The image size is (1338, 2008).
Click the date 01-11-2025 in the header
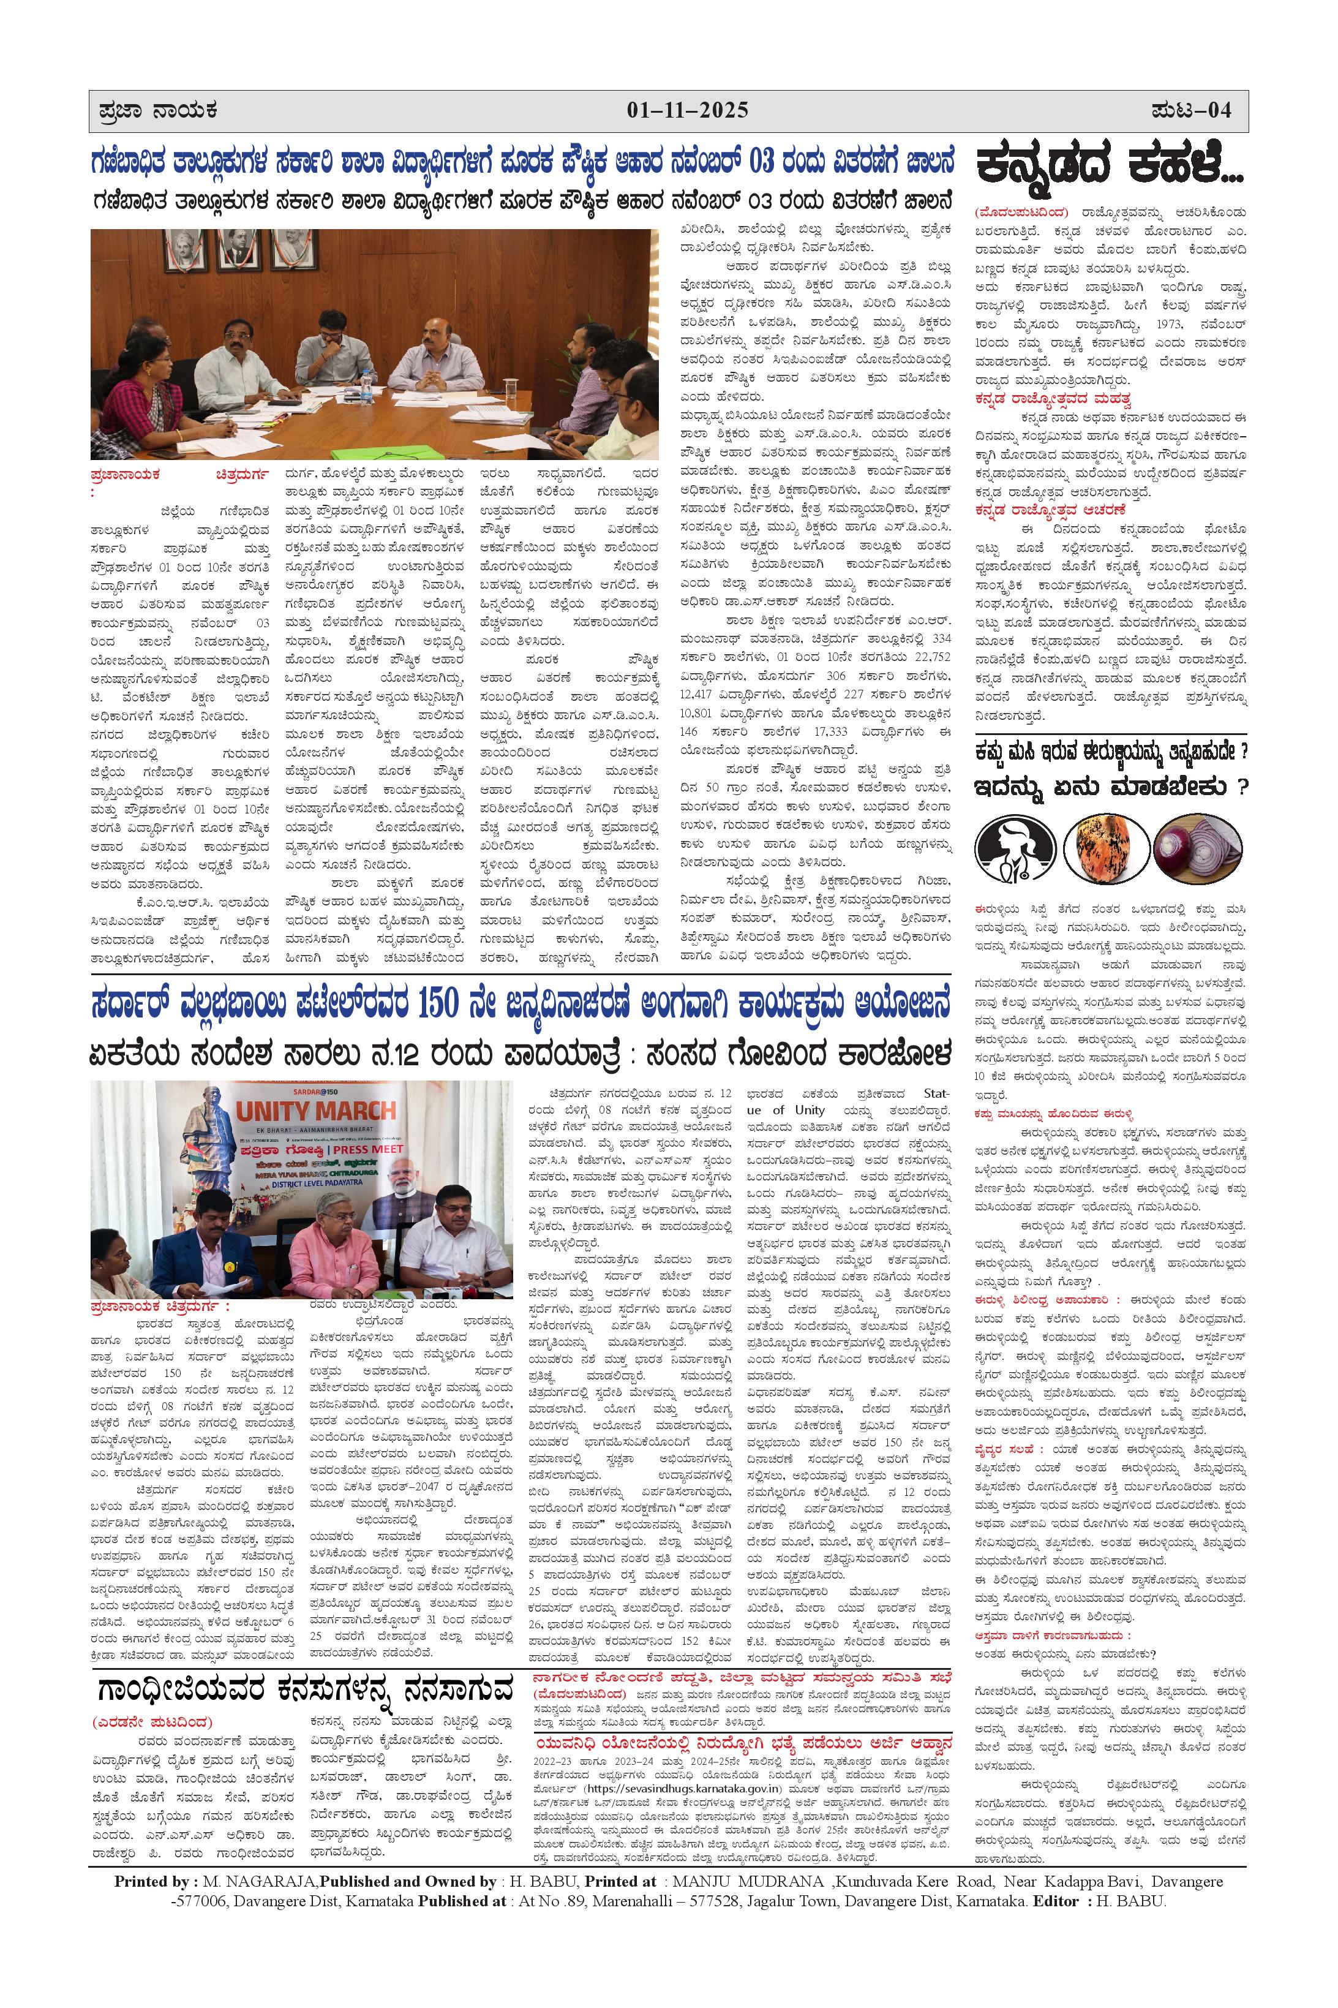[x=688, y=110]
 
